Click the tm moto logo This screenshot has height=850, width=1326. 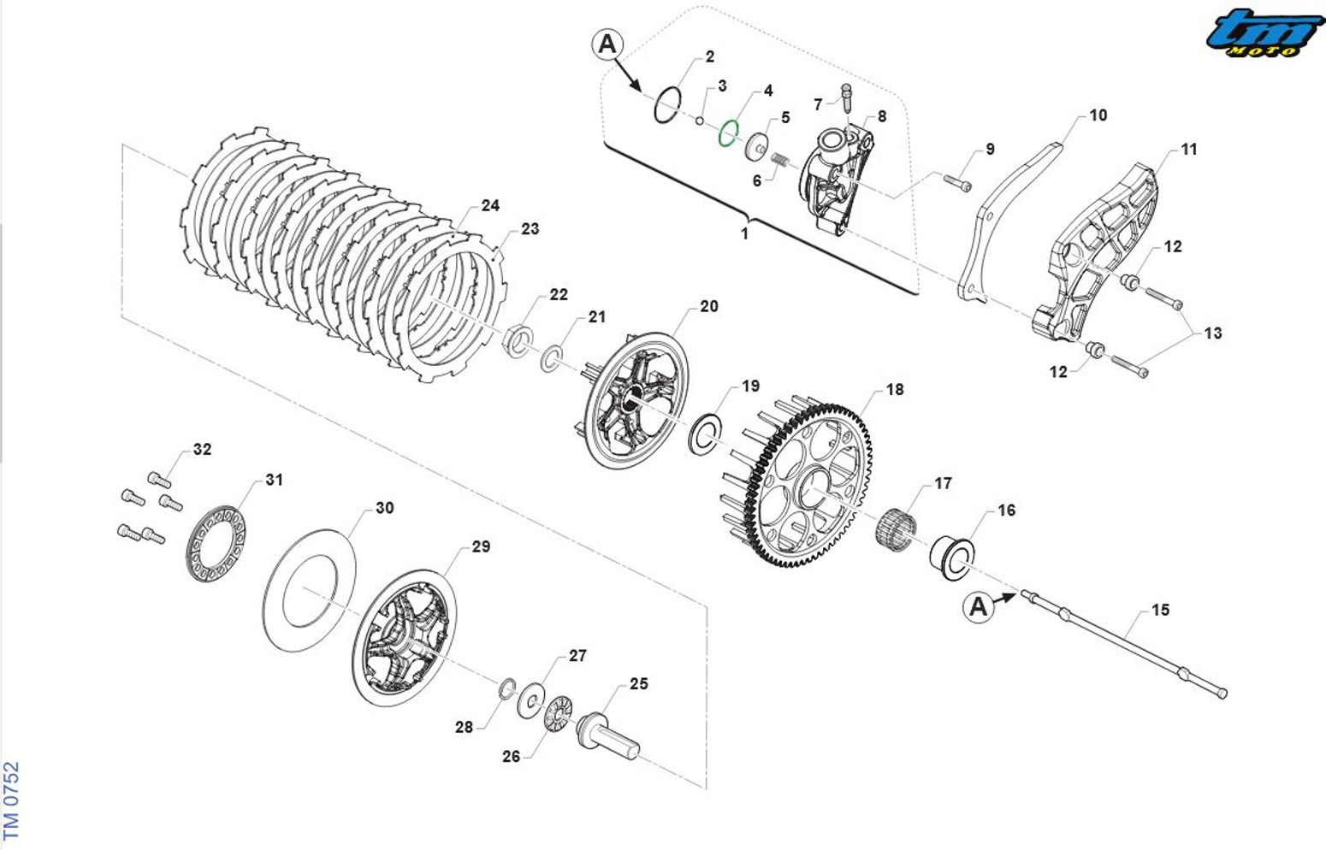click(x=1265, y=34)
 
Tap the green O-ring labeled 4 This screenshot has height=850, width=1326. click(x=728, y=133)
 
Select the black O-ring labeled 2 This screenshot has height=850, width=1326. click(x=667, y=106)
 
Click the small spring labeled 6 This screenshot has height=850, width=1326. click(x=779, y=160)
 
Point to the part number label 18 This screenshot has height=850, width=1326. click(x=894, y=390)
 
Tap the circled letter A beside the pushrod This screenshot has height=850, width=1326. click(x=978, y=607)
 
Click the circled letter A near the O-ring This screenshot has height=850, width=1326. click(x=607, y=44)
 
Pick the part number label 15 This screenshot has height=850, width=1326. click(x=1160, y=610)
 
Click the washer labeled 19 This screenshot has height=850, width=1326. click(x=706, y=434)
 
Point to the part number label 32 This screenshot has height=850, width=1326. click(x=202, y=450)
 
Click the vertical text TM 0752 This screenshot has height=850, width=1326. click(x=11, y=800)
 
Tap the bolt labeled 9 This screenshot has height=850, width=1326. click(x=958, y=181)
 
